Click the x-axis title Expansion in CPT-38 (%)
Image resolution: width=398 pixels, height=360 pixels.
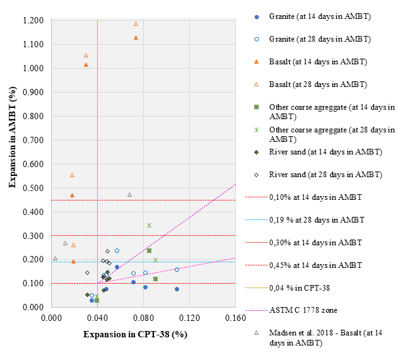(134, 334)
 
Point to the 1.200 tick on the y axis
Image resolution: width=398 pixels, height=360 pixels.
(33, 21)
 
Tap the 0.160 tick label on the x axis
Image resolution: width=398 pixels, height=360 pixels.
(235, 318)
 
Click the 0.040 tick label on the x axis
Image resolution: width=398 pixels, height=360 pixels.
(97, 318)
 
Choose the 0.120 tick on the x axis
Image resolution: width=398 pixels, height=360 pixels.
(189, 318)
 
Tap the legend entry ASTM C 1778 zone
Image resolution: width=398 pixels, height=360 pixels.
(303, 310)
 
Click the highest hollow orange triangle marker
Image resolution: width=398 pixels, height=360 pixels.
(136, 24)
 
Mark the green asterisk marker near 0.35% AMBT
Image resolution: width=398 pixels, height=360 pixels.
(149, 225)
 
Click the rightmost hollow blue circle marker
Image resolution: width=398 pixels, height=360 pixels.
(177, 269)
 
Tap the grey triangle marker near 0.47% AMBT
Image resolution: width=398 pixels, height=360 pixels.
(129, 195)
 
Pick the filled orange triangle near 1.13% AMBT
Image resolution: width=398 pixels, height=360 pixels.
(136, 38)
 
